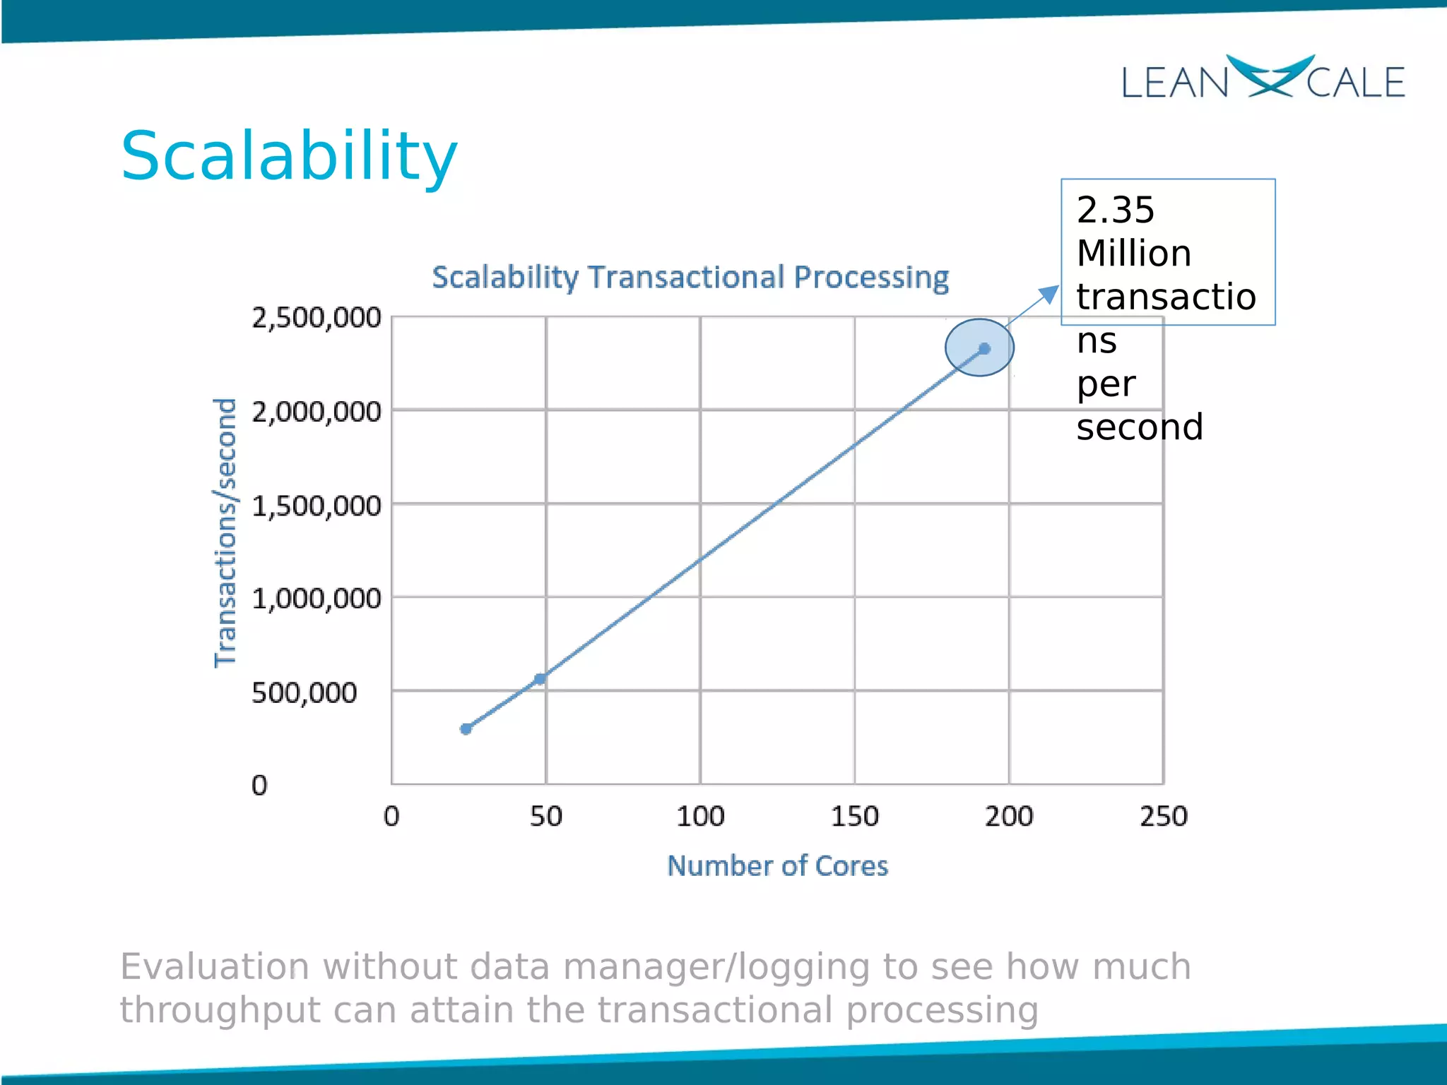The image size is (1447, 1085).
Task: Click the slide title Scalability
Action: [289, 156]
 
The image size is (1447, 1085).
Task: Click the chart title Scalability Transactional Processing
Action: [690, 277]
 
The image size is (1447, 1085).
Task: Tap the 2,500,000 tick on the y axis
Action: [317, 318]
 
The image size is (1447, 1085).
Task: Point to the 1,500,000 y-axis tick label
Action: [317, 506]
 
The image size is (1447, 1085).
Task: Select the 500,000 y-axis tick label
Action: [305, 693]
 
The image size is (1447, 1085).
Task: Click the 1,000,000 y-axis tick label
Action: [317, 599]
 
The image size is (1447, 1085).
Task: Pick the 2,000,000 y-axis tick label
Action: [317, 412]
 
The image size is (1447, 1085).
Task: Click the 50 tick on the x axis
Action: [546, 817]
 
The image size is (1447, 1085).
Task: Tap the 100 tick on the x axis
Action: [700, 817]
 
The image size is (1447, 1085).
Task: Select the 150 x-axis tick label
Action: [854, 817]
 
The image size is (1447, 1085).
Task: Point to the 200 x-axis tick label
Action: [1009, 817]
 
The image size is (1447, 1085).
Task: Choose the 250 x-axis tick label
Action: [1164, 817]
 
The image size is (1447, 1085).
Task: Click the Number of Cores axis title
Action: [777, 866]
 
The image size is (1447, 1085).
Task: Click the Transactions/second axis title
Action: [225, 533]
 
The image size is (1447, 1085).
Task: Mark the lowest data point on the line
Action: [466, 729]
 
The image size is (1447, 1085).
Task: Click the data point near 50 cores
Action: [540, 679]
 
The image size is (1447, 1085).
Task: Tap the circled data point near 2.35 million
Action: [985, 348]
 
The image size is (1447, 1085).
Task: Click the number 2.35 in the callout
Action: [1115, 211]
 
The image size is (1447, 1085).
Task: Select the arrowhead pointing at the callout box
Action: [1051, 293]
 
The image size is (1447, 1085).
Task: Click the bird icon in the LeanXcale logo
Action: [1269, 76]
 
